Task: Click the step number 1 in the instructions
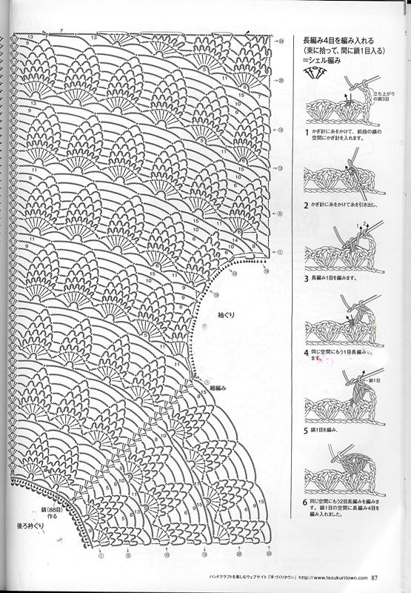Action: [x=306, y=132]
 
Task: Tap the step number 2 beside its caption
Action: [x=306, y=204]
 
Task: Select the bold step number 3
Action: [x=306, y=279]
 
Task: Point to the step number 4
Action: [x=306, y=353]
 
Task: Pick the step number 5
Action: [x=306, y=429]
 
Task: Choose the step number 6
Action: [x=306, y=502]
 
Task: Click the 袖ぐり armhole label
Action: [x=226, y=315]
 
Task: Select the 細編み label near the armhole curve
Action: [x=217, y=388]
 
